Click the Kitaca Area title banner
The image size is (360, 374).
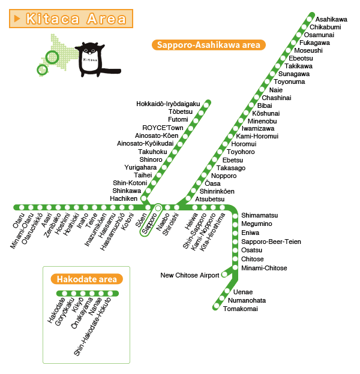(x=71, y=18)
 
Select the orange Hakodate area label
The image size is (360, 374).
(x=87, y=279)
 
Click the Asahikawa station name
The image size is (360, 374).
(x=331, y=19)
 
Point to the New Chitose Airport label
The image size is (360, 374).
(x=190, y=275)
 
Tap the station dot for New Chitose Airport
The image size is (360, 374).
(x=224, y=275)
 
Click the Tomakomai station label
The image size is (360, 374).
(x=240, y=309)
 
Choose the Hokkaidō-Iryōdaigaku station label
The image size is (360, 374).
(x=168, y=104)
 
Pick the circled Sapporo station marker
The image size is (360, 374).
(x=158, y=208)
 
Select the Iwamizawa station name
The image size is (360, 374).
(x=258, y=128)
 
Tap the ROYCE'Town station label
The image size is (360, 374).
(x=163, y=128)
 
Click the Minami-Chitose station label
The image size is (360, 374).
(x=264, y=268)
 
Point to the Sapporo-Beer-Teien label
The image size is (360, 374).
(x=271, y=242)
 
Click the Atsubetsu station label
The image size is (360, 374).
(x=209, y=198)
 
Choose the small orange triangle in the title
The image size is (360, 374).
(x=17, y=19)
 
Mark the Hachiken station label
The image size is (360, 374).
(x=124, y=198)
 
